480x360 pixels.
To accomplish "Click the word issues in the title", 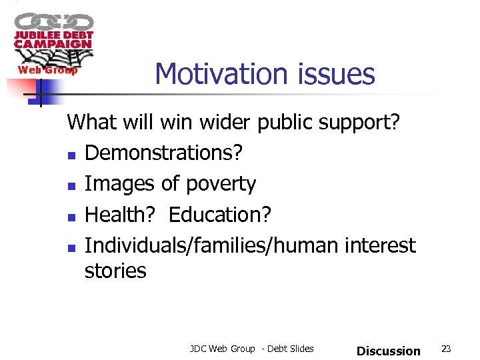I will (341, 74).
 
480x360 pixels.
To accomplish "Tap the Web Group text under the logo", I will (47, 70).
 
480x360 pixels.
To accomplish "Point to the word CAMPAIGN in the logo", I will (53, 44).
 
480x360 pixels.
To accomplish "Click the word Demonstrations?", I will (163, 153).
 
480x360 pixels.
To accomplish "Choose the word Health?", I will (121, 215).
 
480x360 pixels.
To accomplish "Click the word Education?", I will (220, 215).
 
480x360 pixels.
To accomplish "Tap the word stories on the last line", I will (115, 271).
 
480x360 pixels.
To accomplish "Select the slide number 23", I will (447, 349).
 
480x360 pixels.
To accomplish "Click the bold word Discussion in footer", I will (389, 351).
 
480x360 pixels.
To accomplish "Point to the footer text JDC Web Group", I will (222, 349).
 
